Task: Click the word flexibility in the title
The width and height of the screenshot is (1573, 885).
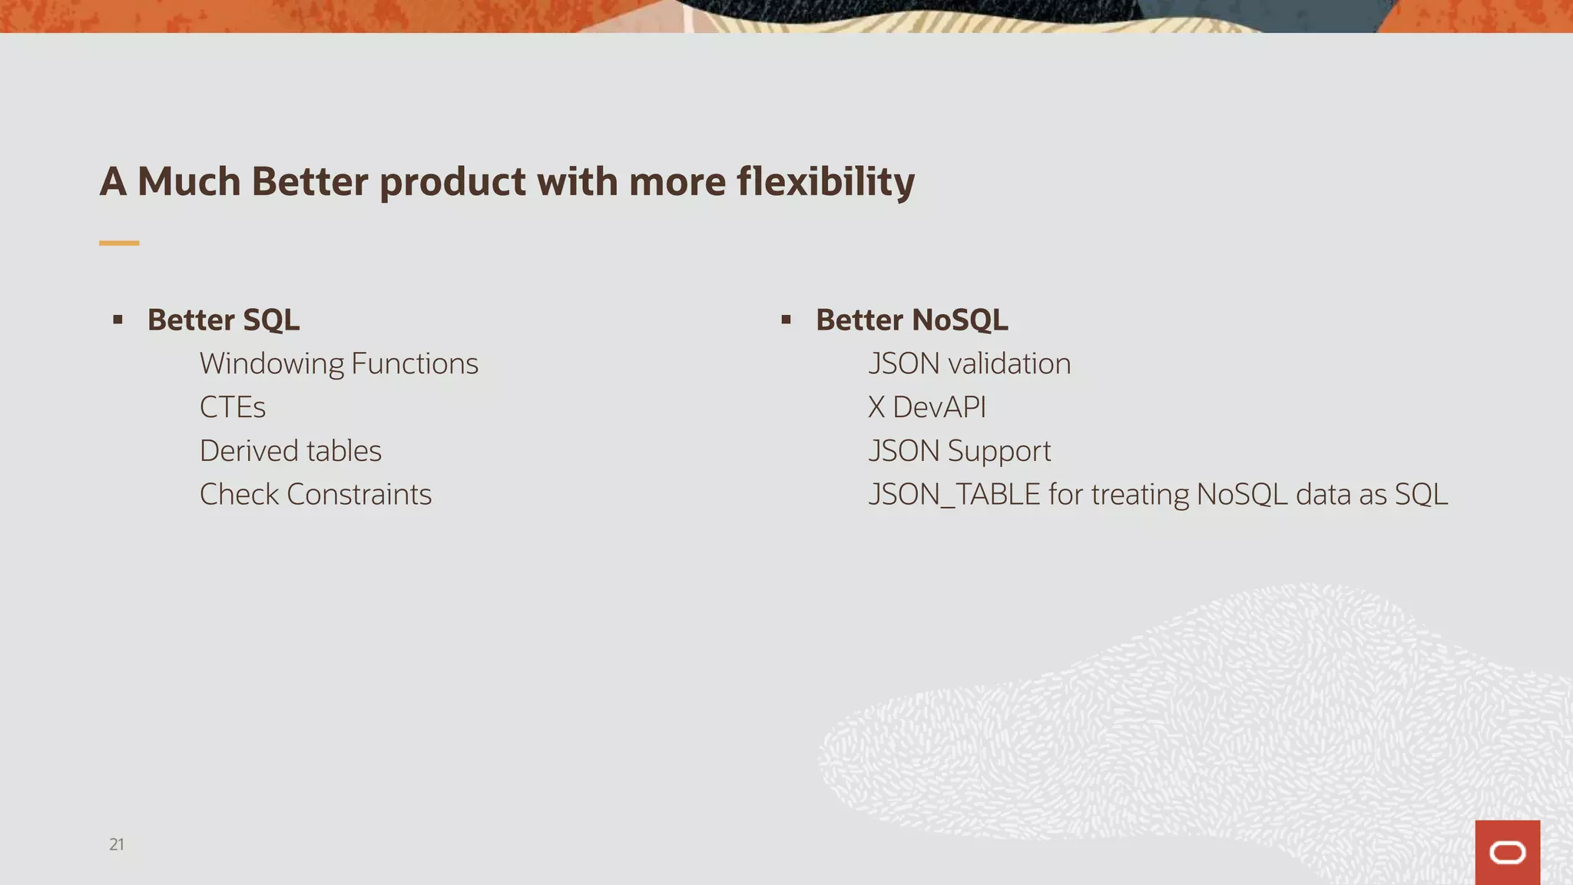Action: (826, 182)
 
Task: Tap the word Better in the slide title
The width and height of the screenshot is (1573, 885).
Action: (310, 182)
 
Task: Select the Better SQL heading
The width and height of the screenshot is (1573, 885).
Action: (224, 320)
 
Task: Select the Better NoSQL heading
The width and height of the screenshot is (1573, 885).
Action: (912, 320)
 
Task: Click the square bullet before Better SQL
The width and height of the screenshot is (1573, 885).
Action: (118, 320)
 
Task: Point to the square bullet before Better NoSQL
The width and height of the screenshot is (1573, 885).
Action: (786, 320)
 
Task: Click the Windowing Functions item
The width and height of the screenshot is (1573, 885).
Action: (339, 363)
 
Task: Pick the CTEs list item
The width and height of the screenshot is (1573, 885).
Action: (233, 407)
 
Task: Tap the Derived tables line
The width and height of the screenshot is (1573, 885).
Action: (290, 451)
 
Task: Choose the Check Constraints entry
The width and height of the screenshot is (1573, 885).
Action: (316, 494)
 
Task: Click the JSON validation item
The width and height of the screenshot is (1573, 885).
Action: (969, 363)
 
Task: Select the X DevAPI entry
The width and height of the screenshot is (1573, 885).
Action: (927, 407)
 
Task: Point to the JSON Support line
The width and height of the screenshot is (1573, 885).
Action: (959, 451)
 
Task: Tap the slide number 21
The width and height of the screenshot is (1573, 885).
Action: (117, 844)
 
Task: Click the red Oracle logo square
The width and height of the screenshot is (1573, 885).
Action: (1507, 852)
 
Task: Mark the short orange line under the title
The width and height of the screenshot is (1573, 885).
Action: (119, 243)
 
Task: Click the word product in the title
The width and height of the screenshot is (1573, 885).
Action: (453, 182)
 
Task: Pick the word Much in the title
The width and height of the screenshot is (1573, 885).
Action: (189, 182)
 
